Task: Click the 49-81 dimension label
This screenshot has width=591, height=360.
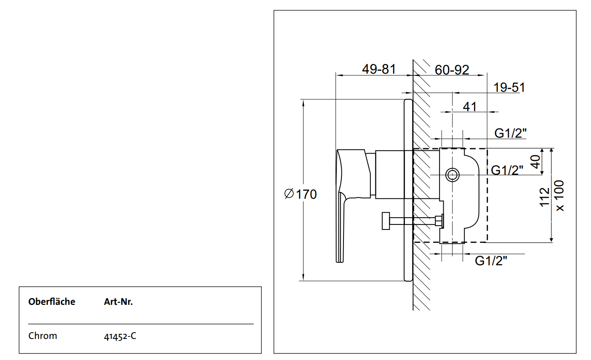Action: [379, 69]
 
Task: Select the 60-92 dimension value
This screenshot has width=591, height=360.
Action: [452, 70]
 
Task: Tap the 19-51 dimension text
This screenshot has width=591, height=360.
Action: [509, 88]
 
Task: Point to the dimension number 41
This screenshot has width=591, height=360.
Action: [470, 107]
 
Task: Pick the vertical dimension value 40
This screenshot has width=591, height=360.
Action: [535, 162]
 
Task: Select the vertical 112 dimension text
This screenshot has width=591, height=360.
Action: [545, 197]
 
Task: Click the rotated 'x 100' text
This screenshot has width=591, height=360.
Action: [559, 196]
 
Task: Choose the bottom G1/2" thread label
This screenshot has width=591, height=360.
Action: [491, 261]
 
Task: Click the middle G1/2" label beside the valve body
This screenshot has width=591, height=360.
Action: [507, 170]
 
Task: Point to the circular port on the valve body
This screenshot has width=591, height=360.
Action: [453, 174]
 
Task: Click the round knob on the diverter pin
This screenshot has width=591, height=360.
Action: [386, 221]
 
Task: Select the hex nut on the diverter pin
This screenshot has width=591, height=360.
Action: [439, 221]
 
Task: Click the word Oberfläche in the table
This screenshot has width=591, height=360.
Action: [52, 302]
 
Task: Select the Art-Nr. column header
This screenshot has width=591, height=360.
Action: [118, 302]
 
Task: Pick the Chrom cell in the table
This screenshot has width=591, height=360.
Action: [43, 336]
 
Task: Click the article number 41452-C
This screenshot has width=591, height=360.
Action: [120, 336]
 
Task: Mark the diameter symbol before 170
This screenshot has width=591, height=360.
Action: [289, 194]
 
